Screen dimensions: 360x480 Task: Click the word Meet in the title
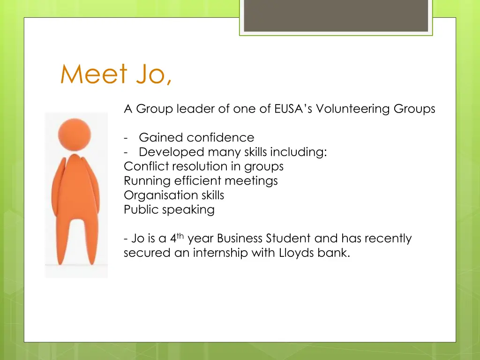click(x=94, y=75)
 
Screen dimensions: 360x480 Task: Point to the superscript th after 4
click(x=180, y=236)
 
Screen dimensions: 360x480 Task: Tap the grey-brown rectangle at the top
click(x=336, y=15)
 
